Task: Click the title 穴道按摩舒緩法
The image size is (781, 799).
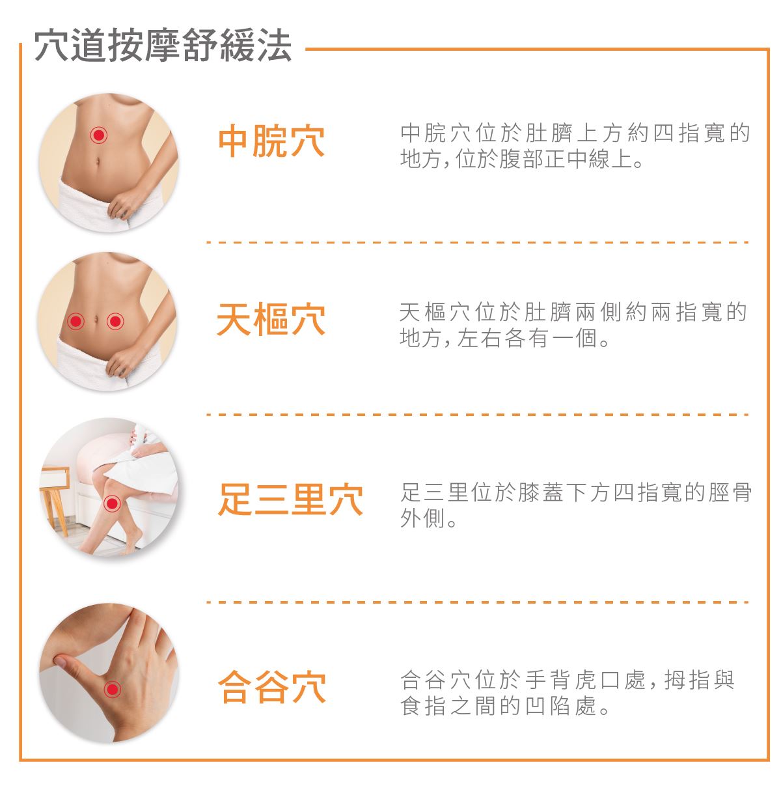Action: click(163, 45)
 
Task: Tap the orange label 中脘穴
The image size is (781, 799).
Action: click(271, 141)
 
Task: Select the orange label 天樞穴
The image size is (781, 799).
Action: click(271, 320)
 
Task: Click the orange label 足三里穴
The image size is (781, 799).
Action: click(290, 499)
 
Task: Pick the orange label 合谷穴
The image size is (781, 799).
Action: click(271, 686)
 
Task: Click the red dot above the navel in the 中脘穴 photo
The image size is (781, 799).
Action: click(98, 135)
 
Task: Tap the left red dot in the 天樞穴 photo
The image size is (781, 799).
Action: click(75, 321)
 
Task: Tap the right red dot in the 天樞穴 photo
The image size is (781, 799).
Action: click(115, 321)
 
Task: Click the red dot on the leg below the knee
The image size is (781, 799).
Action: click(112, 503)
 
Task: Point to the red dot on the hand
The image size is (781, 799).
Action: click(112, 690)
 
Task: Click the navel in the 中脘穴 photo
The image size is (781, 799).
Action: click(98, 161)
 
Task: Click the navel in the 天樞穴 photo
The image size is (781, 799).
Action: click(96, 320)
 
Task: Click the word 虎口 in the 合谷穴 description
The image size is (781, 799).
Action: click(597, 680)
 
